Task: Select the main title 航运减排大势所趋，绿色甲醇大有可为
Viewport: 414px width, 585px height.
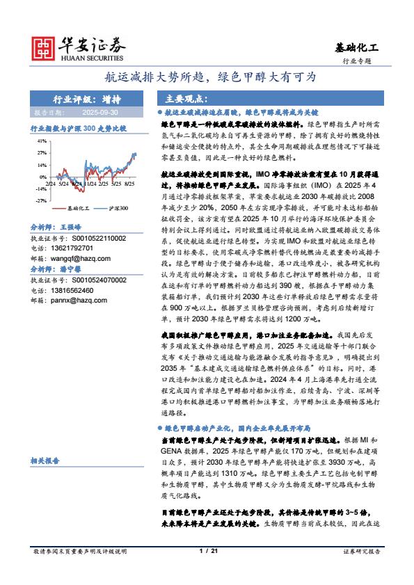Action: (x=207, y=77)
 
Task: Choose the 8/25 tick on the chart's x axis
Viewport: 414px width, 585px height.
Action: (x=130, y=184)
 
